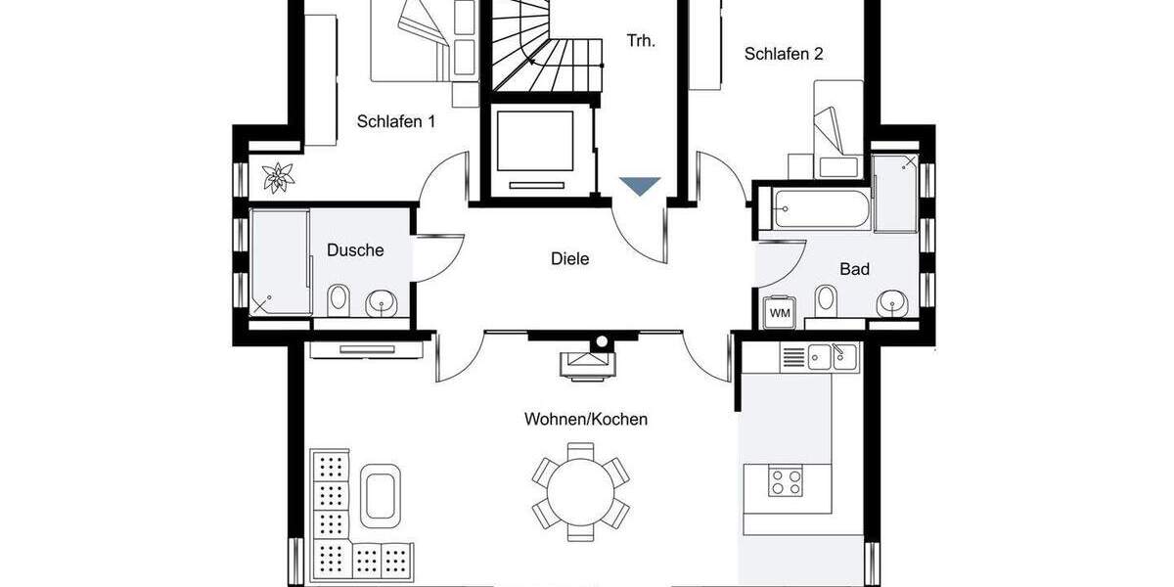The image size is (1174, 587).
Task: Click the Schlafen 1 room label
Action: coord(396,122)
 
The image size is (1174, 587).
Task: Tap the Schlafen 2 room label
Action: coord(783,54)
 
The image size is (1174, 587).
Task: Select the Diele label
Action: coord(570,259)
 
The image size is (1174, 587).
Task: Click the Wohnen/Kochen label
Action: coord(586,419)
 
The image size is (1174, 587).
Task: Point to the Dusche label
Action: coord(355,250)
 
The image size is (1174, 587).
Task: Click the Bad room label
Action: coord(854,269)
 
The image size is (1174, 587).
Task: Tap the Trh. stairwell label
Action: coord(641,41)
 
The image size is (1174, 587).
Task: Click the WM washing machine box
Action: coord(780,312)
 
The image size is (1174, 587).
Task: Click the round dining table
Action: coord(581,486)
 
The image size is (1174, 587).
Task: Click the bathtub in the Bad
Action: coord(820,208)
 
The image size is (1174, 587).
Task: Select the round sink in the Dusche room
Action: coord(381,304)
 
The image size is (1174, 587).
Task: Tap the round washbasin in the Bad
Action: coord(891,302)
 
